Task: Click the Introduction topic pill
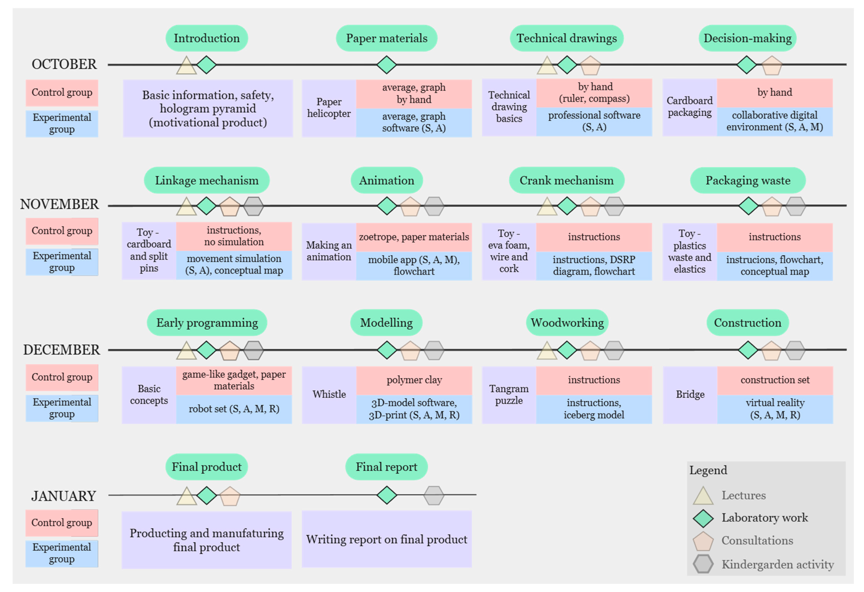point(207,38)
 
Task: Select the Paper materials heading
point(387,38)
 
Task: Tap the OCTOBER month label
point(64,64)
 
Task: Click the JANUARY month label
point(64,496)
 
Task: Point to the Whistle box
point(329,395)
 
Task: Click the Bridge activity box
point(690,395)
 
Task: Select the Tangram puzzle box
point(509,395)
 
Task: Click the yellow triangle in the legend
point(703,496)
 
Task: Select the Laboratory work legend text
point(765,518)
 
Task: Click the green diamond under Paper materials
point(387,65)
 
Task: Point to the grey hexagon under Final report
point(434,495)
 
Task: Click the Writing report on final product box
point(387,539)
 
